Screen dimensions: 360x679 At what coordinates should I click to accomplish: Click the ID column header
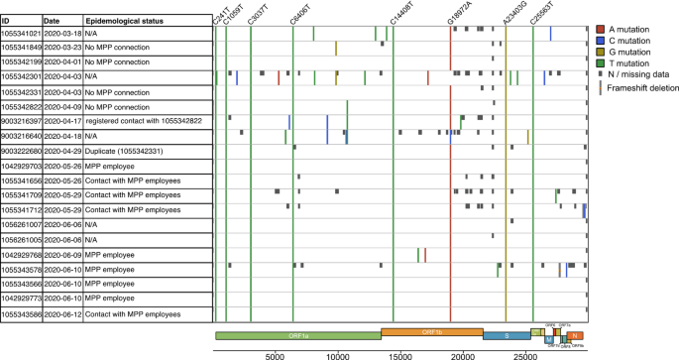[8, 20]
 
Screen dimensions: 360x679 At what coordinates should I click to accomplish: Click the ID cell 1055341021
[21, 33]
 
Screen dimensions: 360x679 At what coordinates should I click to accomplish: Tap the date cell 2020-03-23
[61, 47]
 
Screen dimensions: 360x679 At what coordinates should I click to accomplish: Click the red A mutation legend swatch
[601, 31]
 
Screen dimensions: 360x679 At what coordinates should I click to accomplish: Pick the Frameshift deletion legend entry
[637, 87]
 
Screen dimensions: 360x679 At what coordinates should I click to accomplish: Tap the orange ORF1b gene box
[431, 332]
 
